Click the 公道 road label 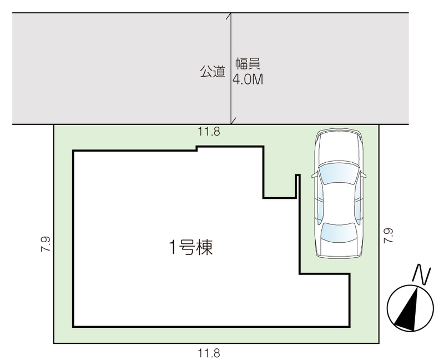click(213, 72)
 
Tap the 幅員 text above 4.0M click(248, 64)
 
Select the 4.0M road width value click(248, 79)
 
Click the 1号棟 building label click(190, 247)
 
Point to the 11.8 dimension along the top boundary click(209, 132)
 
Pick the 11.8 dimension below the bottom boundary click(209, 353)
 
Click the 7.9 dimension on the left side click(46, 244)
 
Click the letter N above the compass click(422, 274)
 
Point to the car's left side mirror click(314, 175)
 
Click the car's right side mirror click(363, 174)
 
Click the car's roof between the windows click(339, 203)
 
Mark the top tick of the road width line click(229, 16)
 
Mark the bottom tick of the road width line click(233, 121)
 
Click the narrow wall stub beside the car click(297, 186)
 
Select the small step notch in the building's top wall click(197, 148)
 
